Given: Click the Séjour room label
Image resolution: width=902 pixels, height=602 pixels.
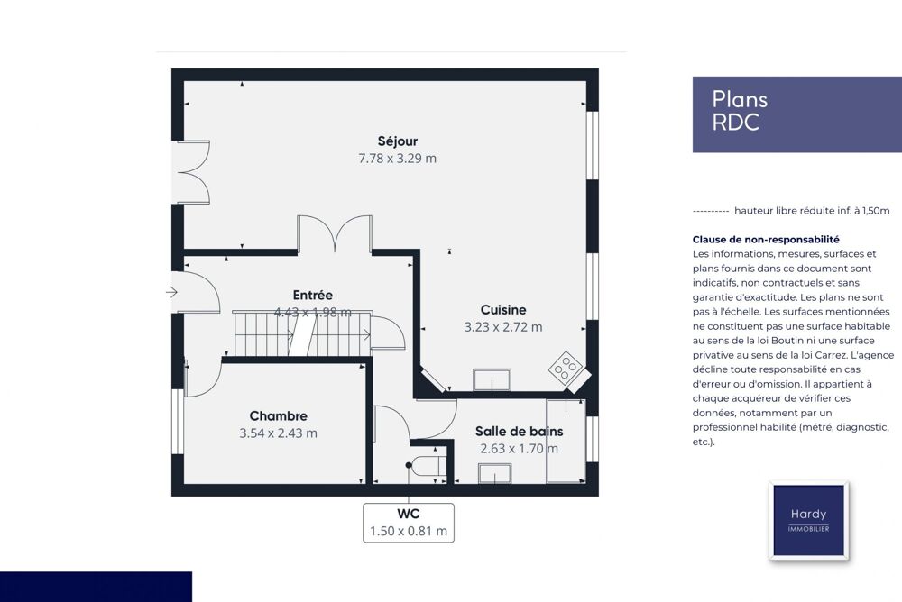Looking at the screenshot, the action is tap(398, 141).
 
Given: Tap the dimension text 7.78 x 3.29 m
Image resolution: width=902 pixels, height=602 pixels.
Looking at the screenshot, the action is tap(398, 159).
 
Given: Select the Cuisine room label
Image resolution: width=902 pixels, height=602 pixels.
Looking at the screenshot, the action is tap(503, 310).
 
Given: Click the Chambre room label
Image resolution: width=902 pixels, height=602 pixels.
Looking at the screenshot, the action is tap(279, 415).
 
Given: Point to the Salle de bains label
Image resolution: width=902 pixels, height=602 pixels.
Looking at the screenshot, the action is tap(519, 432).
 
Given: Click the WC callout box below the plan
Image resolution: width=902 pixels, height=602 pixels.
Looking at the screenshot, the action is tap(409, 523).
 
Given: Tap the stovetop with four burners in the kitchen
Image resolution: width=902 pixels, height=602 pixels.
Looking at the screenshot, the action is tap(566, 368).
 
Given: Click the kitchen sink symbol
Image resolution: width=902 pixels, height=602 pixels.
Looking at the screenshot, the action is tap(492, 380).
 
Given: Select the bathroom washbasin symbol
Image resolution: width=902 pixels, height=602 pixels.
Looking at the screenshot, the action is tap(494, 473).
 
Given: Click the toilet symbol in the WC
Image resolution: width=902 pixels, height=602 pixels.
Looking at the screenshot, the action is tap(426, 467).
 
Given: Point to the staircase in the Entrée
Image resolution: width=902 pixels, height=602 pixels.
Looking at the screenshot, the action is tap(302, 334).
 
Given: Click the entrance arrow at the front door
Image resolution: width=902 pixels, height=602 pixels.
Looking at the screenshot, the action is tap(171, 292).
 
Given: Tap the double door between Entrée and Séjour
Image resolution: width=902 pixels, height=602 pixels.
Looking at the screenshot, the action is tap(335, 234).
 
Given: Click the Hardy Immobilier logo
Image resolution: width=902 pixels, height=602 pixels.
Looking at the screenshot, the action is tap(808, 520).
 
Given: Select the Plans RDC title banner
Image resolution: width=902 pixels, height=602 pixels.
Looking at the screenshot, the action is tap(796, 114).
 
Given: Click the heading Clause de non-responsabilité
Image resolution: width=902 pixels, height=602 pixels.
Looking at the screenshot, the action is tap(766, 240).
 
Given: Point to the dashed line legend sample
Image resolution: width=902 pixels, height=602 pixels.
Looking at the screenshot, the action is tap(711, 212).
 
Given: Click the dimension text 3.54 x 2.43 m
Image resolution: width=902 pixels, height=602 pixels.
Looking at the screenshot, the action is tap(279, 433).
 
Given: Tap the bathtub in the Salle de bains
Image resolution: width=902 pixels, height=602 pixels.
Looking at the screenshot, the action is tap(566, 441).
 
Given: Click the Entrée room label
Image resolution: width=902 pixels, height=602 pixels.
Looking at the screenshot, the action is tap(313, 295).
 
